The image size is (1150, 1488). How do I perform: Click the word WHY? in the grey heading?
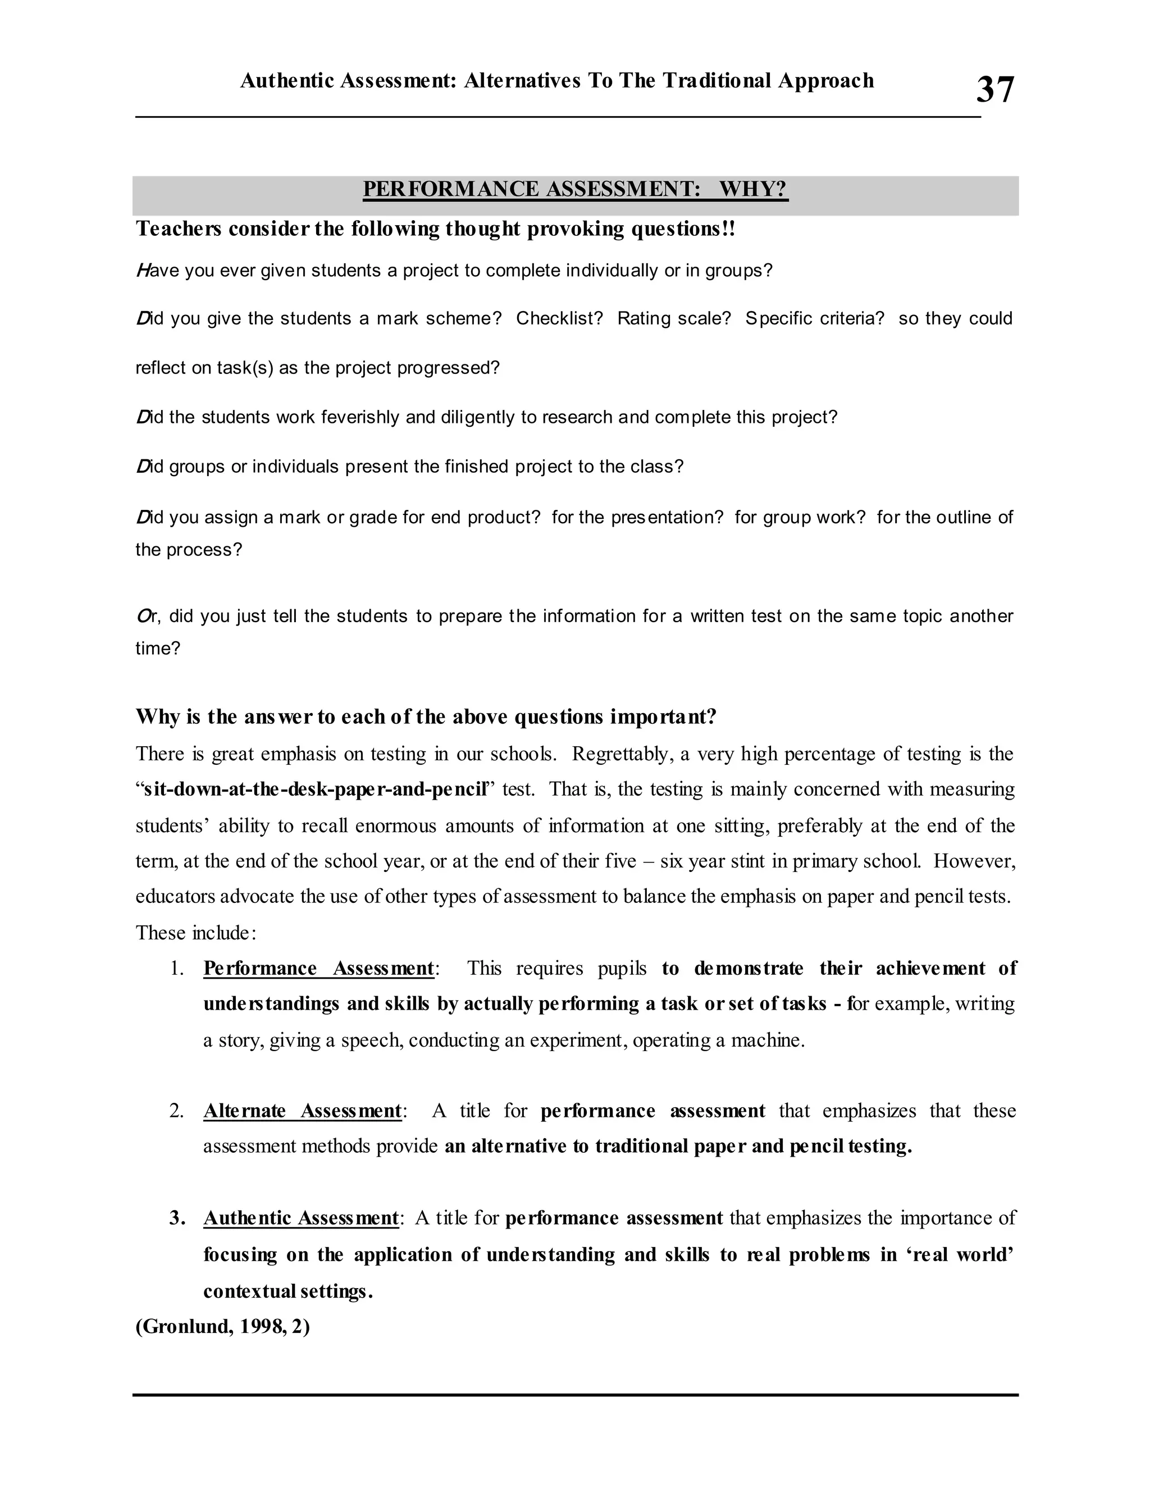click(753, 189)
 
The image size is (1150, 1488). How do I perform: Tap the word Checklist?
click(559, 318)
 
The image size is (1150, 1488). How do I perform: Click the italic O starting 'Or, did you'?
click(143, 616)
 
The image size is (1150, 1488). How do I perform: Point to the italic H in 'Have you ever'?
click(143, 271)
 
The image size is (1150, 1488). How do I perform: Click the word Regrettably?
click(620, 754)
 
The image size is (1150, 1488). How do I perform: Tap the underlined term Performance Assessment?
click(318, 968)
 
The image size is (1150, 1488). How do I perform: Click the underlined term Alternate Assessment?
click(302, 1111)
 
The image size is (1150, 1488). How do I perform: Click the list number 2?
click(176, 1111)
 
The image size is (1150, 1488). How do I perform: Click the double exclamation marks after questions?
click(731, 229)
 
